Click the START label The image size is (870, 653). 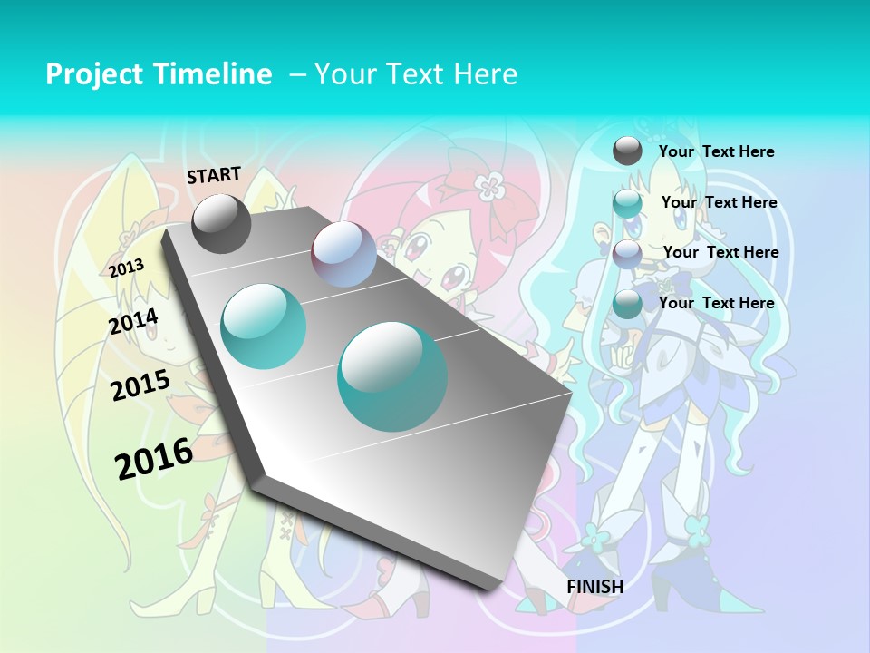214,175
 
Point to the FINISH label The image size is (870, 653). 595,587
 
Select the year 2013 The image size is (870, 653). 126,268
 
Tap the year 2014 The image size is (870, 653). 134,321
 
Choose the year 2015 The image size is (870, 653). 140,385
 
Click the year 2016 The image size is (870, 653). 154,459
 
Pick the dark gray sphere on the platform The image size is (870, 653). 221,223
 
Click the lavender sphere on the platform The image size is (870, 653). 343,254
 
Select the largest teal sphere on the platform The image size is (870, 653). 392,375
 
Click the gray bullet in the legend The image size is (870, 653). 627,151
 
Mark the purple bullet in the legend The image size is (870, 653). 627,254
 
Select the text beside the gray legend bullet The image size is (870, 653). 716,152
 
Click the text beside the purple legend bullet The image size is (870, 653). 720,252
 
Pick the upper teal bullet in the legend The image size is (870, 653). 627,203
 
